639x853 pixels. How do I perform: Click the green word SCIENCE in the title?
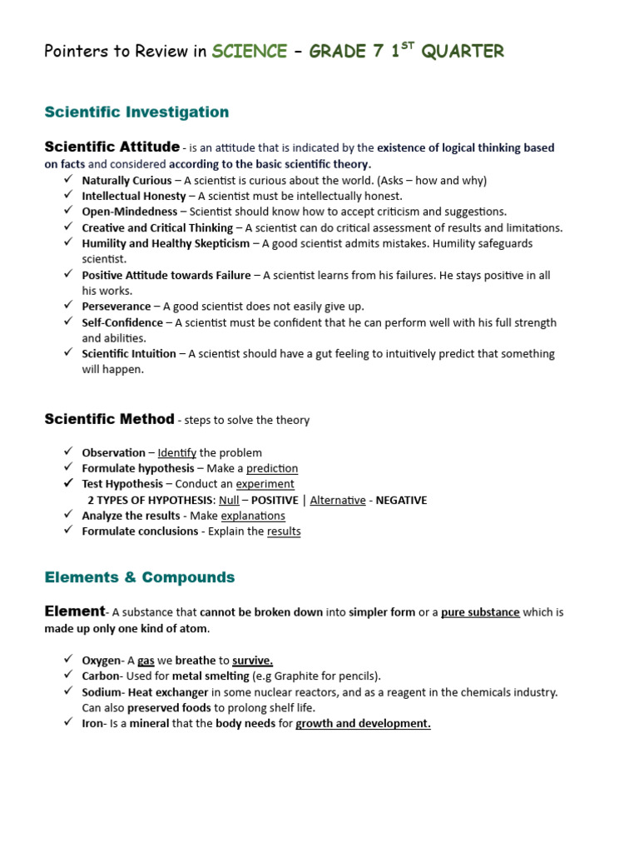249,52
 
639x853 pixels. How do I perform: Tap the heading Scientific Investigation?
136,112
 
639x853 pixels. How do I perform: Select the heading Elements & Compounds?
140,577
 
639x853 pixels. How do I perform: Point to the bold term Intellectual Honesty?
133,196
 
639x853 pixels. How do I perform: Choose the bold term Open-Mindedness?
130,212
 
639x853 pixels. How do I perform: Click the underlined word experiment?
265,484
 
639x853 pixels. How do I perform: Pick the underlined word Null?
228,500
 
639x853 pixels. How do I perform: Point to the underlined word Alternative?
338,500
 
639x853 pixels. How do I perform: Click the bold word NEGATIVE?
401,500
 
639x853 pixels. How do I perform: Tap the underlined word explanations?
253,516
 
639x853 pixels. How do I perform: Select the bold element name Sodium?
102,691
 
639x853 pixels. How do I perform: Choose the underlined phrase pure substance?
480,612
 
